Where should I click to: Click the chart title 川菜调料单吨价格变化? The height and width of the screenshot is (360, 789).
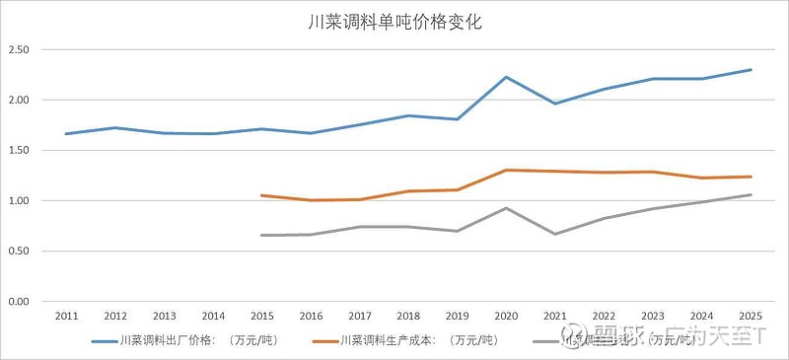coord(394,20)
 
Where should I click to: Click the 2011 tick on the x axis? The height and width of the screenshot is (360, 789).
coord(67,316)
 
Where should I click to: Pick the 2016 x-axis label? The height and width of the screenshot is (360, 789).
coord(311,316)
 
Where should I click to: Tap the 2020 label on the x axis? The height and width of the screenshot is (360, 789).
coord(506,316)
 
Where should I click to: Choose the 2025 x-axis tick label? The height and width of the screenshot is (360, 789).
coord(750,316)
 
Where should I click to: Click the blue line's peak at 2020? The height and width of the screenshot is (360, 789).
coord(506,77)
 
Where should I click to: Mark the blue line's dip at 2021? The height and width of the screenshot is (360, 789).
coord(555,104)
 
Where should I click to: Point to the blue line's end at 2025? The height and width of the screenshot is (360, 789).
coord(751,70)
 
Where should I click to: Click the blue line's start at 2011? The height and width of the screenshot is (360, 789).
coord(67,133)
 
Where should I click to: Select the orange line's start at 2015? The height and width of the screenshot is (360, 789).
coord(262,195)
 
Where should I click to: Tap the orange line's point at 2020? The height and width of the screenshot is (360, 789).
coord(506,170)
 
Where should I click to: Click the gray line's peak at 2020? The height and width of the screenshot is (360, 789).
coord(506,208)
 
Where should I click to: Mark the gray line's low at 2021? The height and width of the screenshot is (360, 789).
coord(555,234)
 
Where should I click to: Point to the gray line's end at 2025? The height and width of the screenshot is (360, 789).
coord(751,194)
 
